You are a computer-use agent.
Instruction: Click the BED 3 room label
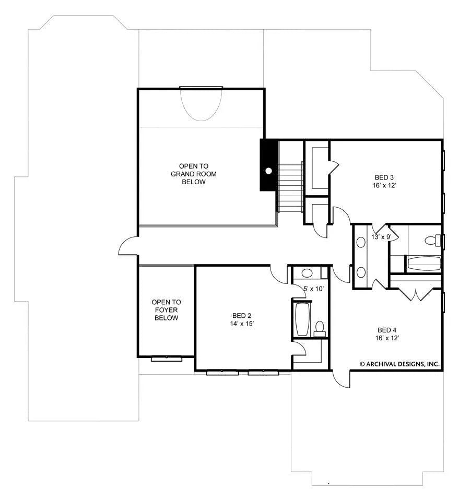tap(384, 177)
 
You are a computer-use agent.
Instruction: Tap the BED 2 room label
tap(242, 316)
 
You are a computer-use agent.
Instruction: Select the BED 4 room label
tap(387, 330)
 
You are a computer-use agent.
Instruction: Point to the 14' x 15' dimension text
tap(242, 324)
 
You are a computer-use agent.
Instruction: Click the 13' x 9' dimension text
tap(381, 237)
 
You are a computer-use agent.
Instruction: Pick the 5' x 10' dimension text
tap(313, 289)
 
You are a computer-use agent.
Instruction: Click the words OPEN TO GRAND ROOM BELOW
tap(194, 174)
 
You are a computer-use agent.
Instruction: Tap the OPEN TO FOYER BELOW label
tap(166, 310)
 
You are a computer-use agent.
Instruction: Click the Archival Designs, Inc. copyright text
tap(399, 364)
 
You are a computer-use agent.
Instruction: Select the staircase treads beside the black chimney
tap(290, 187)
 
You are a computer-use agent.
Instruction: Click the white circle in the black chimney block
tap(269, 171)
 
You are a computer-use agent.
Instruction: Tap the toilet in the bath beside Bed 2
tap(319, 328)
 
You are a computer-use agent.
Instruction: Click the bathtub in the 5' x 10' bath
tap(302, 319)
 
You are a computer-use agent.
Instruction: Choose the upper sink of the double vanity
tap(361, 242)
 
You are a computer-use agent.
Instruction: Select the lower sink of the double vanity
tap(361, 272)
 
